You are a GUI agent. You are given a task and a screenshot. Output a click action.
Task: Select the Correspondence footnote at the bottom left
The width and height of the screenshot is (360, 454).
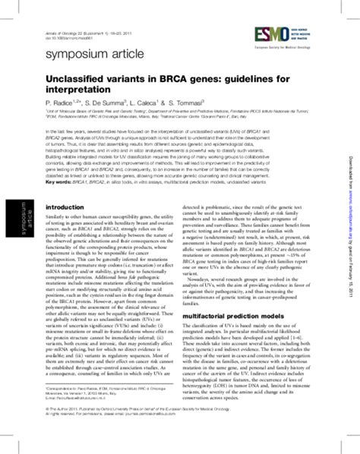[x=91, y=411]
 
